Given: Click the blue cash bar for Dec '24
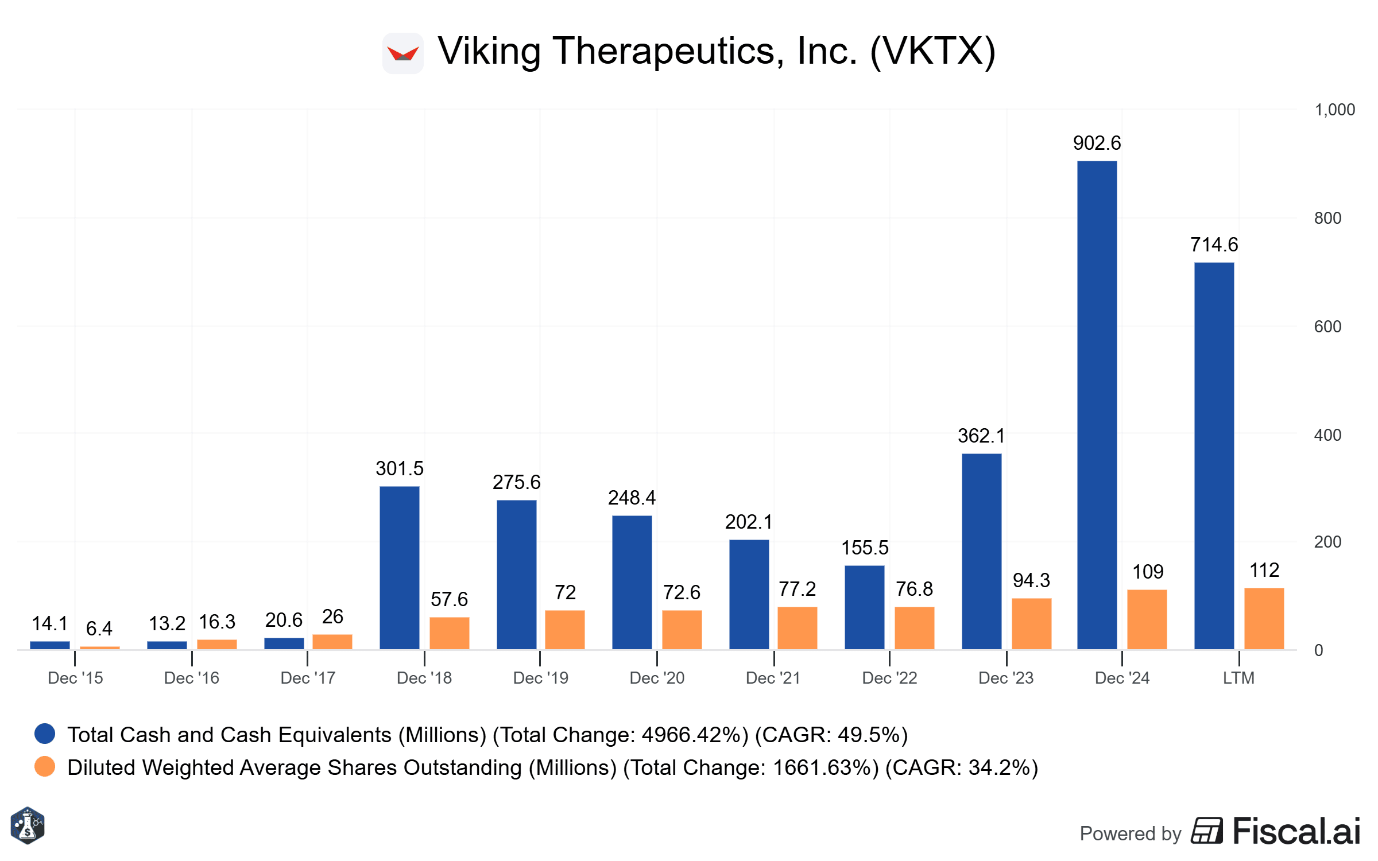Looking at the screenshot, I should click(1097, 405).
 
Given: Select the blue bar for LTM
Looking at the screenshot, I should click(1214, 456).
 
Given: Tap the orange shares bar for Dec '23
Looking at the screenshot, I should click(1031, 623).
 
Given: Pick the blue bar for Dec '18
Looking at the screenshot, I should click(399, 568).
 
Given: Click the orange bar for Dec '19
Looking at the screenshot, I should click(564, 630).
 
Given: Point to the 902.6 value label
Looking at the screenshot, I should click(1097, 143).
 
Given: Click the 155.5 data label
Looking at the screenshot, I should click(865, 548).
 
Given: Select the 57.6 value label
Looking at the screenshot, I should click(449, 599).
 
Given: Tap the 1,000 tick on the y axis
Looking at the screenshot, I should click(1334, 110).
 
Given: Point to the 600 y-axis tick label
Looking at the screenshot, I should click(1327, 327).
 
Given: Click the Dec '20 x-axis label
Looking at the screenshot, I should click(657, 678).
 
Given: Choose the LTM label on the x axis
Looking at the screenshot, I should click(1238, 678).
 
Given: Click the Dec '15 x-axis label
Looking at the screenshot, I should click(75, 678).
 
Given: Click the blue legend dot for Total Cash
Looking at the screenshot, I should click(45, 734).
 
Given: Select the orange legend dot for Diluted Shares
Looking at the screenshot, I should click(45, 766).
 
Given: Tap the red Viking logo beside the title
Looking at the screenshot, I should click(403, 53).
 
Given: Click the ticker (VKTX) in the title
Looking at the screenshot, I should click(933, 52).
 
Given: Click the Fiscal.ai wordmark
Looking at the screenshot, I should click(1296, 832).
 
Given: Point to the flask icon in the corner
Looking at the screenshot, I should click(28, 826).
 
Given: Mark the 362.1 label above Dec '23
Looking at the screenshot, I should click(981, 436).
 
